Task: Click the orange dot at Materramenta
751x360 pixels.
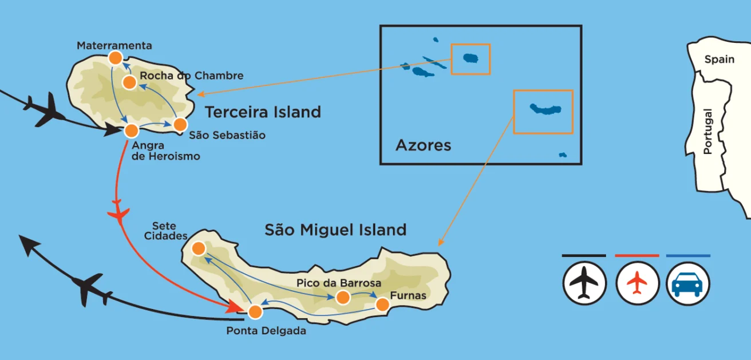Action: click(116, 57)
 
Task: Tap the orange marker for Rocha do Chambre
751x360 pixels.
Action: click(129, 82)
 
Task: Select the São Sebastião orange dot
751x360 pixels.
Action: click(180, 124)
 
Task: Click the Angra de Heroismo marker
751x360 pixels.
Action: click(131, 130)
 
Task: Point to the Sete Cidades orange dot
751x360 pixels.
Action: click(198, 248)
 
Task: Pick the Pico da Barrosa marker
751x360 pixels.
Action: click(342, 297)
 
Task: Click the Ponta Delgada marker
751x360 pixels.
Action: click(255, 312)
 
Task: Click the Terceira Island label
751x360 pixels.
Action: click(263, 112)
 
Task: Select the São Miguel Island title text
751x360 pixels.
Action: click(335, 230)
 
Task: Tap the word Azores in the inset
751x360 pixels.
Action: click(423, 145)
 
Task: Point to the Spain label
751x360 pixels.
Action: click(719, 60)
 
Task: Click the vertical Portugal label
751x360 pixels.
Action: click(708, 131)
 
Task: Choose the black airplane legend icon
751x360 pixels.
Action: click(584, 283)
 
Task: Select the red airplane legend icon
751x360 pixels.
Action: click(637, 283)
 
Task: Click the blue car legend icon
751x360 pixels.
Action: click(688, 283)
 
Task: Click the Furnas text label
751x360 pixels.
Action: click(408, 296)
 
